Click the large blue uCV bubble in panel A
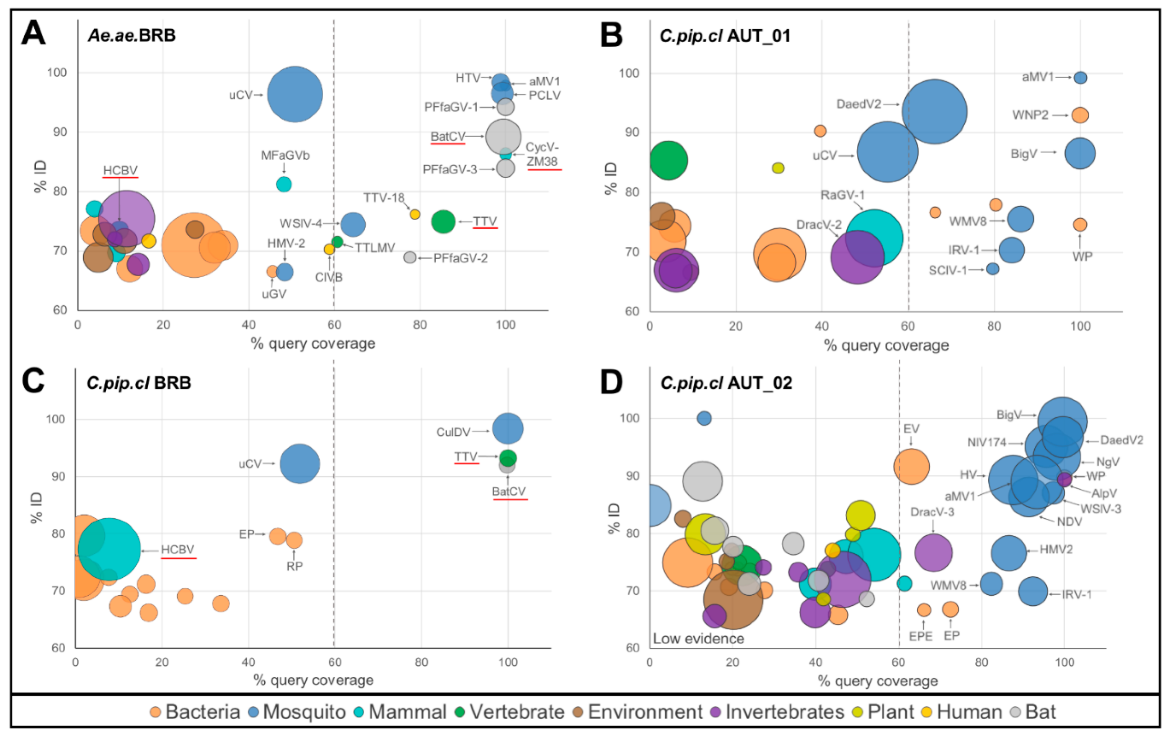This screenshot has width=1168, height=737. tap(295, 95)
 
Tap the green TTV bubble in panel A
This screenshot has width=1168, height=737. tap(443, 222)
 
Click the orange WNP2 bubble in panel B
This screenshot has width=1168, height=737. tap(1080, 115)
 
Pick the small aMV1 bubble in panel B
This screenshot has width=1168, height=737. tap(1080, 78)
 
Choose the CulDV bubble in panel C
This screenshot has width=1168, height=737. tap(507, 429)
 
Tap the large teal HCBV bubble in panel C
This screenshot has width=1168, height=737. tap(109, 549)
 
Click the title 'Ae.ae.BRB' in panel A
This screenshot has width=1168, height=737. tap(132, 35)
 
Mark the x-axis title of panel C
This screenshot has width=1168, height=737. tap(313, 680)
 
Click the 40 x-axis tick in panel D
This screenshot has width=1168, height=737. tap(815, 662)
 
